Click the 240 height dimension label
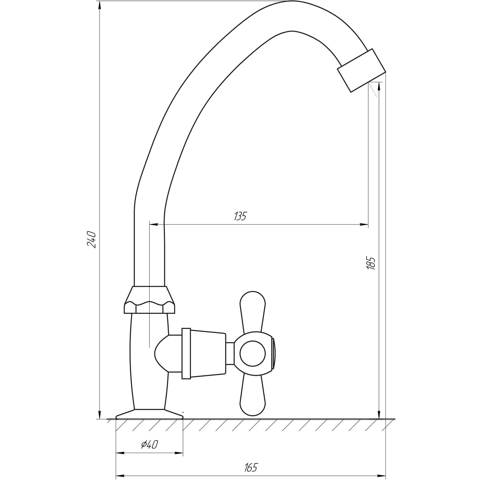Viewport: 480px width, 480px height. [91, 239]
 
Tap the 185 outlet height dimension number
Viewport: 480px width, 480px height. [371, 263]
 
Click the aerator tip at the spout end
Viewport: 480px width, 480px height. [361, 70]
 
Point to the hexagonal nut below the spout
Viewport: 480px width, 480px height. [150, 300]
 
